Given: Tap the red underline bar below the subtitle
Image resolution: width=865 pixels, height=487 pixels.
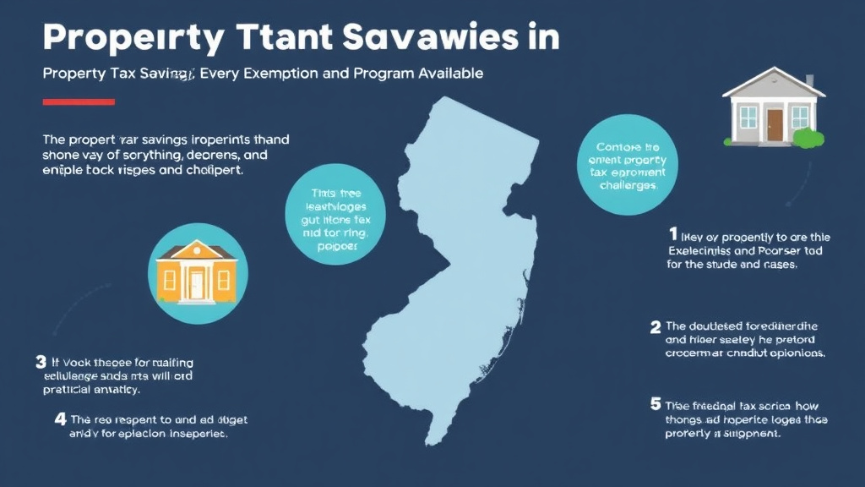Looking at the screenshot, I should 79,101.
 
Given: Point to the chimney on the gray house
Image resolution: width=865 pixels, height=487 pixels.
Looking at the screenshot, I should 809,80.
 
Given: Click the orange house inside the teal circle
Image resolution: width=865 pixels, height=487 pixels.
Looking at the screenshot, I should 198,270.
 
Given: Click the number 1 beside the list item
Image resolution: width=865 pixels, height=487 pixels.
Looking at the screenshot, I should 673,233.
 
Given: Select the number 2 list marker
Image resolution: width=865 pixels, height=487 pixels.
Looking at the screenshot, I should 655,326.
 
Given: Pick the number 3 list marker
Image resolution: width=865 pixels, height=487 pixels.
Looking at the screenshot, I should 41,362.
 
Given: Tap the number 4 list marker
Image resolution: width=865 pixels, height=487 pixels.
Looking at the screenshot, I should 60,419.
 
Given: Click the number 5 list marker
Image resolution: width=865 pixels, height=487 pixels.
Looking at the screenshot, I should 655,404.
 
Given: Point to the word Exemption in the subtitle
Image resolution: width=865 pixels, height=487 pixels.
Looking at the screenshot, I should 285,74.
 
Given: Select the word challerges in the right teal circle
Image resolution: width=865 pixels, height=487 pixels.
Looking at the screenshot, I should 628,184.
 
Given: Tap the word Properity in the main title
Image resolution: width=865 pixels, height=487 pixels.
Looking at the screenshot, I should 134,38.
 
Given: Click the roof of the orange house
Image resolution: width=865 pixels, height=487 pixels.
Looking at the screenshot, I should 198,250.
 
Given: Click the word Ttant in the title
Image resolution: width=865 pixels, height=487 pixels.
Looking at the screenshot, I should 285,38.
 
